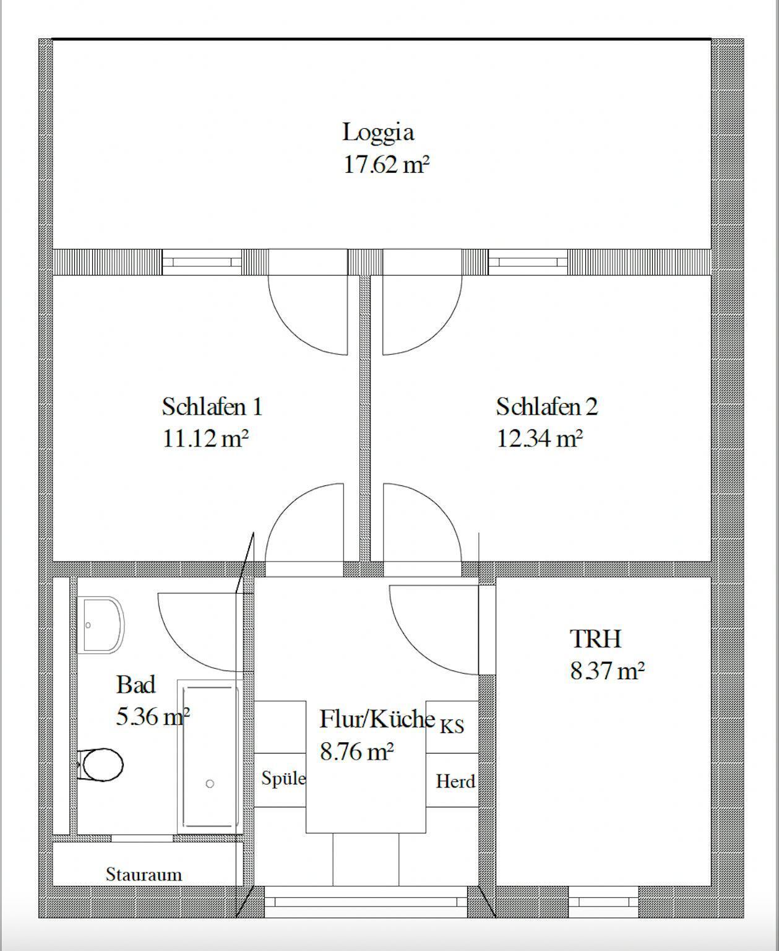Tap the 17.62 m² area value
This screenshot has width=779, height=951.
tap(386, 164)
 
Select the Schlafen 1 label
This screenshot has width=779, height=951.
tap(212, 407)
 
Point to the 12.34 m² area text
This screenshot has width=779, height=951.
tap(540, 438)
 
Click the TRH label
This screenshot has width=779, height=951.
tap(596, 639)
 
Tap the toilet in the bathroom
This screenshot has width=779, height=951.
tap(101, 765)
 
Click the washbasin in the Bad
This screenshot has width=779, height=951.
tap(100, 625)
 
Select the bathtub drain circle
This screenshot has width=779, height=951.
tap(210, 784)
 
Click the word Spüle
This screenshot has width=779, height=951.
tap(283, 778)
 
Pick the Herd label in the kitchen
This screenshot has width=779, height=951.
tap(455, 781)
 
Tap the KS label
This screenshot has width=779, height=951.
tap(452, 726)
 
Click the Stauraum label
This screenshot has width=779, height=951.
tap(144, 875)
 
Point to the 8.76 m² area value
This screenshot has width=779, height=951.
tap(357, 752)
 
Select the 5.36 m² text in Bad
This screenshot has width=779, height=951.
tap(153, 716)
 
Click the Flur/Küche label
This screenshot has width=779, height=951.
tap(377, 719)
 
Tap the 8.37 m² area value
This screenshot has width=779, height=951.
tap(608, 671)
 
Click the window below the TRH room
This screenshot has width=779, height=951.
tap(603, 902)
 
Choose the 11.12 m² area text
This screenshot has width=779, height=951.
tap(205, 438)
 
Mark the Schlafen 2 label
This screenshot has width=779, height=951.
tap(547, 407)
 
